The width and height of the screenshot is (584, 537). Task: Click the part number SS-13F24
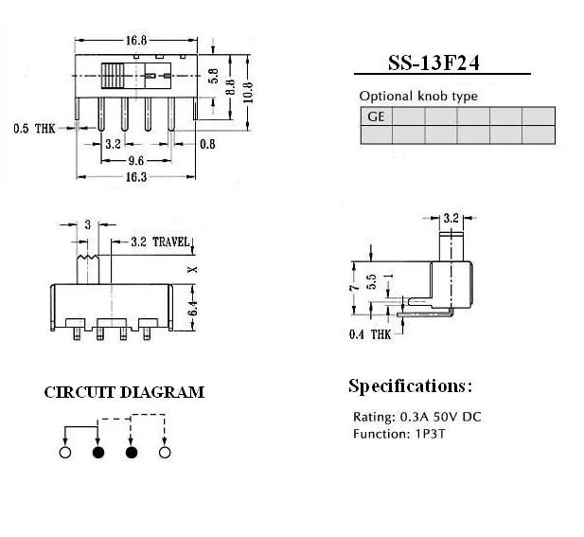point(434,63)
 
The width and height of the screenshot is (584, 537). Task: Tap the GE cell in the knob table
point(376,116)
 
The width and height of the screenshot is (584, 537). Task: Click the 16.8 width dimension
point(136,40)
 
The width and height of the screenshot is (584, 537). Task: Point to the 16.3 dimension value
point(136,177)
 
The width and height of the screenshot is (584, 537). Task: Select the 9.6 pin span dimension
point(136,161)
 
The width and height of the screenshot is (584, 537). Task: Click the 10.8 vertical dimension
point(248,92)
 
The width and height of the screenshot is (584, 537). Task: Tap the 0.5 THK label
point(34,129)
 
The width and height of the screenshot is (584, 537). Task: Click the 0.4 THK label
point(370,334)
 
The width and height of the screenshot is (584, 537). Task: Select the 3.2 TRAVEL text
point(161,242)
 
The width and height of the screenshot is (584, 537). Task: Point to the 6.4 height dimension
point(192,308)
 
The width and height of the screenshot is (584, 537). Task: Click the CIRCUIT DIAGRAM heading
point(124,392)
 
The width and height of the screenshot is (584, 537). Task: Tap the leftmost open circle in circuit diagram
point(65,453)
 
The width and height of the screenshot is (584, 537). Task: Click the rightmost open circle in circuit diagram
point(165,453)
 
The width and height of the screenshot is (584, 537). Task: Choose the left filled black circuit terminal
point(98,453)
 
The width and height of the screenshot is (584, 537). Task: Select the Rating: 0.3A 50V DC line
point(417,417)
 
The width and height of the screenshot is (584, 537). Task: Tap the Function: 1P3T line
point(399,434)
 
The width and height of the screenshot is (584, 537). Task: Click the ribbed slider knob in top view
point(113,76)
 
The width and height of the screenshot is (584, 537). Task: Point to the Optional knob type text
point(418,97)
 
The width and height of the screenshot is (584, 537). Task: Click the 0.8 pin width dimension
point(207,144)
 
